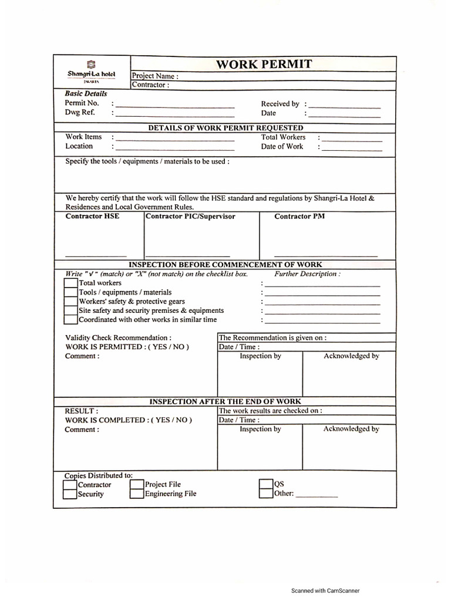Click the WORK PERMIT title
point(264,64)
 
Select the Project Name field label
point(155,76)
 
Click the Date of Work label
point(282,147)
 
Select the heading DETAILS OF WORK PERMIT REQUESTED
point(225,127)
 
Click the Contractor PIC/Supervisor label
point(190,217)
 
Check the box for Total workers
point(70,283)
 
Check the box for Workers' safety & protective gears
point(70,301)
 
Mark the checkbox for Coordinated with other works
point(70,320)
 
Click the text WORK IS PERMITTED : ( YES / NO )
point(127,347)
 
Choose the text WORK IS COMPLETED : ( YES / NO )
point(128,420)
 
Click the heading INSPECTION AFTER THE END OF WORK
point(225,401)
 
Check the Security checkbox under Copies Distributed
point(70,494)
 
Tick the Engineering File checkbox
point(137,494)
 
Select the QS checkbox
point(266,484)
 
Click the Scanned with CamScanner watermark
point(325,590)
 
